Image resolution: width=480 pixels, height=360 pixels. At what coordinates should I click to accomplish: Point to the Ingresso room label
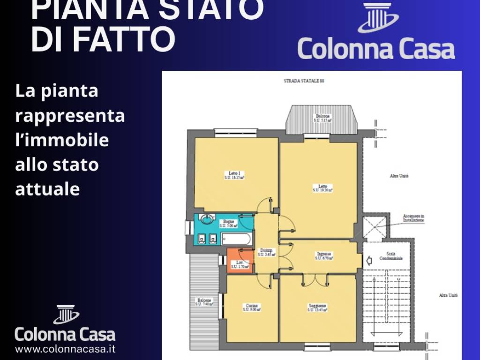(323, 256)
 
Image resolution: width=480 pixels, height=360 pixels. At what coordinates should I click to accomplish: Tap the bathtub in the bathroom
(236, 239)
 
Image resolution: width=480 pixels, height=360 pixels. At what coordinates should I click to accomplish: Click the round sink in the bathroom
(206, 219)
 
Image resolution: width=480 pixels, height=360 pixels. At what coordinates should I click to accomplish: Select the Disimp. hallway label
(266, 252)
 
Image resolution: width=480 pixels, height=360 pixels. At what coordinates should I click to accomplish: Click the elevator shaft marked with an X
(376, 227)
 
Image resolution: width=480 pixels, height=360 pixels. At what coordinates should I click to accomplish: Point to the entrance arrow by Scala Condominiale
(369, 259)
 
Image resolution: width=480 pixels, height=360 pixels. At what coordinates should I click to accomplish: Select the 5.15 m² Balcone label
(322, 118)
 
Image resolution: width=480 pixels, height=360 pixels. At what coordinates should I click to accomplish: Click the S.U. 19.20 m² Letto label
(322, 188)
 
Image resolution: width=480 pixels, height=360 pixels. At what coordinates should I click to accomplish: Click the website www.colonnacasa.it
(65, 349)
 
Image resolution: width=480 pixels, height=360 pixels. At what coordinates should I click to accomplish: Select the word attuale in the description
(47, 189)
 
